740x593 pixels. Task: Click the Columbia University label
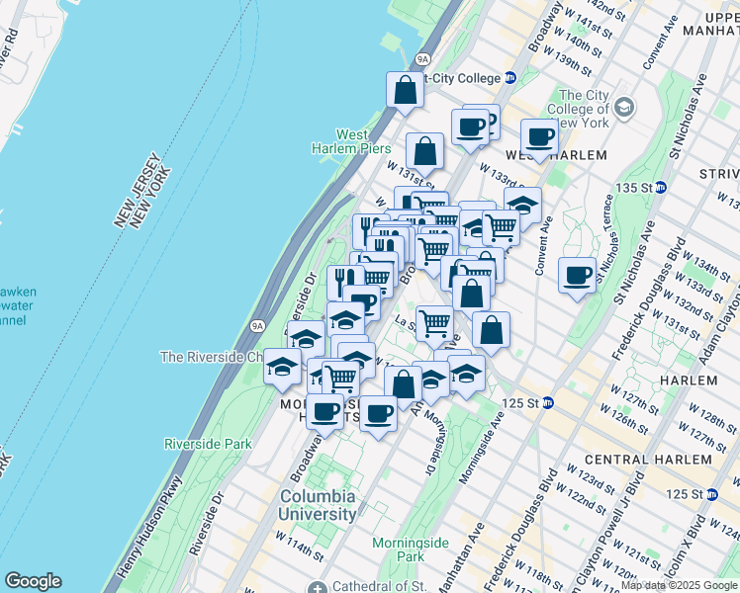[x=318, y=505]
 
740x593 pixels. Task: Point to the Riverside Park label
[x=208, y=445]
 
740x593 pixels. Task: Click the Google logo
[x=33, y=581]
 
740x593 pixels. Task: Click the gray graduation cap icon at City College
[x=624, y=106]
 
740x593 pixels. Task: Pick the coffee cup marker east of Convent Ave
[x=577, y=276]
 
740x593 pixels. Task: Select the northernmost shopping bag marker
[x=406, y=90]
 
